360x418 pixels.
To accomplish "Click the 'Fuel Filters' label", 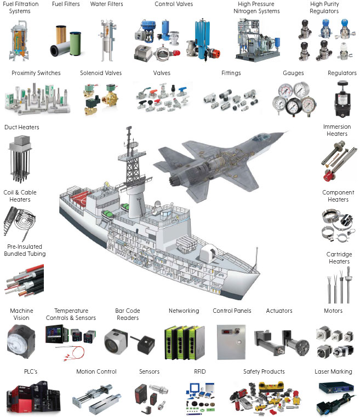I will click(x=65, y=4).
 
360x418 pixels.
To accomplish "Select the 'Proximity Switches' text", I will click(x=36, y=73).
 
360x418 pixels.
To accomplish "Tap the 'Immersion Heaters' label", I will click(x=336, y=130).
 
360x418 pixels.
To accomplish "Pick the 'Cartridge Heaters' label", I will click(x=338, y=258).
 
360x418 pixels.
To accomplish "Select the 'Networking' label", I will click(x=184, y=311).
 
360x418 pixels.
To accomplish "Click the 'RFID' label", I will click(x=199, y=372).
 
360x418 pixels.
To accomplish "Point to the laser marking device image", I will click(x=334, y=397).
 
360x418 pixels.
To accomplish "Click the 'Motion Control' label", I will click(x=96, y=372).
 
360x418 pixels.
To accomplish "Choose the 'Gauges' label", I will click(x=293, y=73).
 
